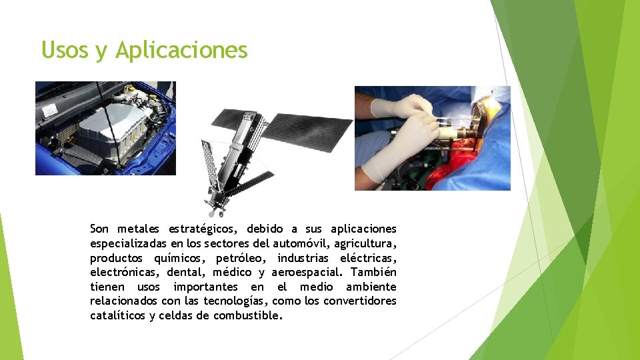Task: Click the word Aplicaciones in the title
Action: tap(181, 50)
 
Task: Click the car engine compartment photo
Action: tap(105, 128)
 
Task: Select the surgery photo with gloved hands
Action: tap(432, 138)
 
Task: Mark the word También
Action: tap(373, 272)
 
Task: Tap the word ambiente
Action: tap(371, 287)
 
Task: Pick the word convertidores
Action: tap(359, 301)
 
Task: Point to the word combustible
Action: tap(247, 316)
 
